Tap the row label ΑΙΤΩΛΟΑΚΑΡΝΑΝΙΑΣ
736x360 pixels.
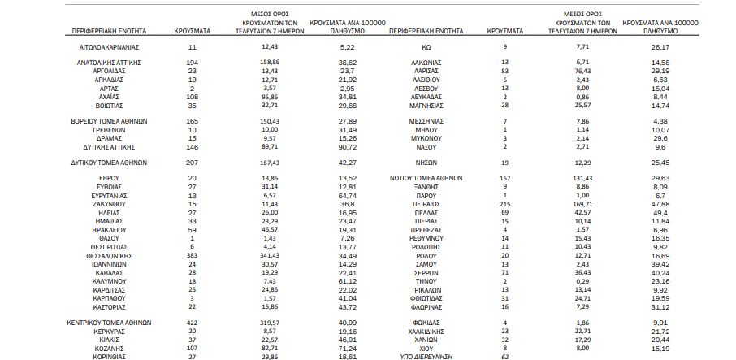(x=109, y=47)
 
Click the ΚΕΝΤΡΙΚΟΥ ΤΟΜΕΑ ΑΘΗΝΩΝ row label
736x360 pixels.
(x=109, y=323)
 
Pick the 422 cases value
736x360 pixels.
(x=193, y=323)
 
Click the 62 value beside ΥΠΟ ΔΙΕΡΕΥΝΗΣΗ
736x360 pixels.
(x=504, y=357)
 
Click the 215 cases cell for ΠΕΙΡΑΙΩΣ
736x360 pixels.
(x=504, y=204)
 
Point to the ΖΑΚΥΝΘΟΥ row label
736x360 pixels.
(x=109, y=204)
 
